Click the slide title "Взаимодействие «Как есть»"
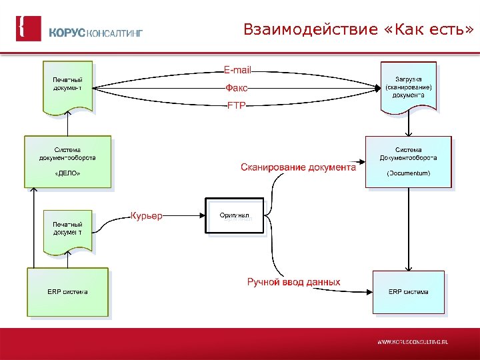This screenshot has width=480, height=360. (x=359, y=30)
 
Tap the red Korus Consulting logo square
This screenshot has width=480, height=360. (x=29, y=29)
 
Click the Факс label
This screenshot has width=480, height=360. (x=237, y=87)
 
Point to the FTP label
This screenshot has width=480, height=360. (x=237, y=105)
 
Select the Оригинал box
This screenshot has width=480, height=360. (x=234, y=215)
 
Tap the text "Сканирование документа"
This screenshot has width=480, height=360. (x=298, y=167)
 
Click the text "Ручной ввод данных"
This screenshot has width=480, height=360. (x=293, y=282)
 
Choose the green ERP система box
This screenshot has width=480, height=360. (x=67, y=291)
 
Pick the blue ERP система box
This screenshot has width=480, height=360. (x=409, y=291)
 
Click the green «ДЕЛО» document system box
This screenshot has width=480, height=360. (x=67, y=162)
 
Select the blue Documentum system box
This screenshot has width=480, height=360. (x=408, y=162)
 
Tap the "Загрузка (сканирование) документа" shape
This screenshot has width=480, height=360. (x=408, y=86)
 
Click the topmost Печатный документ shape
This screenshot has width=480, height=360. (x=67, y=87)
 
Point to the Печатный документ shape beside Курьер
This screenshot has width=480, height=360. (x=67, y=231)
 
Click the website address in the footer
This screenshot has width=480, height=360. (x=413, y=341)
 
